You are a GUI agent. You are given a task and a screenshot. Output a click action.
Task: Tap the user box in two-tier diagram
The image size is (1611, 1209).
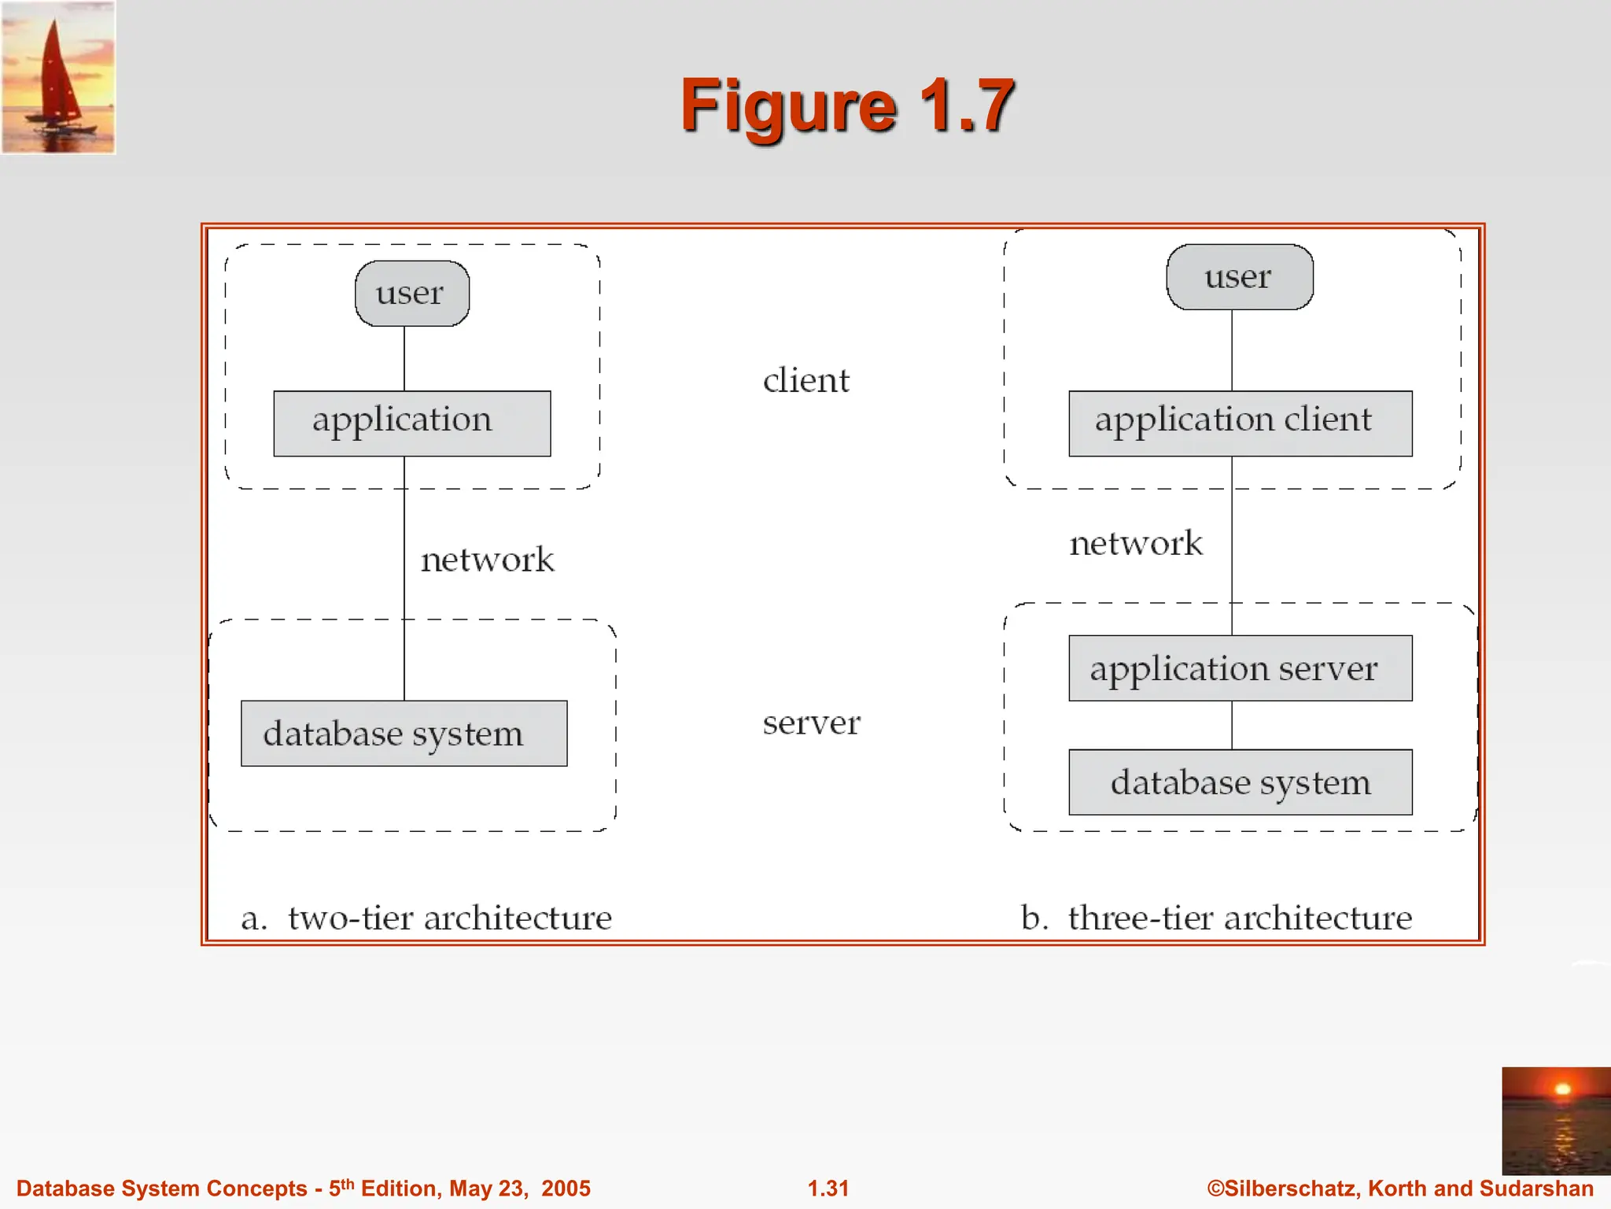tap(412, 294)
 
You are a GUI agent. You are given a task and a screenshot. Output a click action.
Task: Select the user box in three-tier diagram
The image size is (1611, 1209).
tap(1239, 277)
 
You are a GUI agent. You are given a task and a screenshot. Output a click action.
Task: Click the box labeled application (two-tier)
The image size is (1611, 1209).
tap(411, 423)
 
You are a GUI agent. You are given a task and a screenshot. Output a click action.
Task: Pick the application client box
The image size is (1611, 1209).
tap(1240, 423)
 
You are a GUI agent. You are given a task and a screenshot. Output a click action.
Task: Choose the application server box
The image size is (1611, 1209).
tap(1240, 668)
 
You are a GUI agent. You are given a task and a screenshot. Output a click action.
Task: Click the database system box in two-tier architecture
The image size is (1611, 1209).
tap(404, 733)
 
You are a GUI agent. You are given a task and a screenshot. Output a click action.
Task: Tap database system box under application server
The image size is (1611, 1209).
tap(1240, 782)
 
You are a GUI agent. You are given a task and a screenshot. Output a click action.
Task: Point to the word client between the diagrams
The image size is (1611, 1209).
tap(806, 380)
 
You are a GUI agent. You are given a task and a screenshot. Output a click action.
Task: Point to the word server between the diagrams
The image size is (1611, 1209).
tap(811, 723)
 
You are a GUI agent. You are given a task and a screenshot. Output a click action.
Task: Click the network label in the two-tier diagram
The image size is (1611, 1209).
tap(487, 560)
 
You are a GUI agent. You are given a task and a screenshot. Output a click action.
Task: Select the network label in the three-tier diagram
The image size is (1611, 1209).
tap(1136, 543)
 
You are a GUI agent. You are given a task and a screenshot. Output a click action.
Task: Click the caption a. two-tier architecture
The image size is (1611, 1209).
tap(426, 918)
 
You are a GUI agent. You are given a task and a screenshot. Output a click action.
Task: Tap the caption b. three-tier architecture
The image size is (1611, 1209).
tap(1216, 918)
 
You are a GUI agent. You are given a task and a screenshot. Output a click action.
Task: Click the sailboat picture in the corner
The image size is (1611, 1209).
tap(58, 77)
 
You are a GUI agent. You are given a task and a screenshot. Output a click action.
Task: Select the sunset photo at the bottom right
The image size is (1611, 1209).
tap(1555, 1120)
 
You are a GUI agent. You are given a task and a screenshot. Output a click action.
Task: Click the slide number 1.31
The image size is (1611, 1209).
tap(828, 1189)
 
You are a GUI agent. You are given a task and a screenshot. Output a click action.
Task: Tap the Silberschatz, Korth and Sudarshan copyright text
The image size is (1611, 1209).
tap(1400, 1189)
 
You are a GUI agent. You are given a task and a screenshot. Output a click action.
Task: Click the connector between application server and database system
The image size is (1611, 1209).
tap(1232, 725)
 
